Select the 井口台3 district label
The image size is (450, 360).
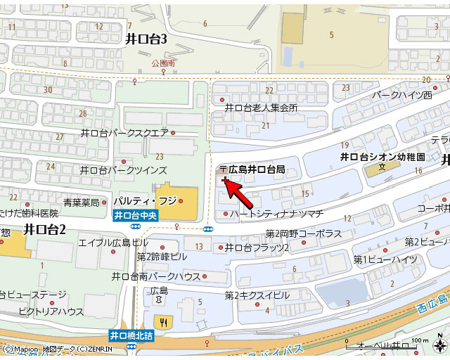pos(146,39)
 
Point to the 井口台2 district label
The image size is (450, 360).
pos(44,229)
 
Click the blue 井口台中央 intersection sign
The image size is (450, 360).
pos(135,216)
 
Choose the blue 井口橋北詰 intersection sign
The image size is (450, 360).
pos(131,336)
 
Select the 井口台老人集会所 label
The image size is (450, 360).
pos(261,108)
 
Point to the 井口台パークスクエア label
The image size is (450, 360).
pos(124,132)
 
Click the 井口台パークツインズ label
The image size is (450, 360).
pos(124,170)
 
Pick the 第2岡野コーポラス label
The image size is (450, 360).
pos(303,233)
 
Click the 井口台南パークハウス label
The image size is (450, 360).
pos(156,276)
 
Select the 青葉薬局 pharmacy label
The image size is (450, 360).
pos(81,202)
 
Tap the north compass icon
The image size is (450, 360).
pos(438,345)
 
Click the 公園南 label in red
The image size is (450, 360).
pos(162,63)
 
